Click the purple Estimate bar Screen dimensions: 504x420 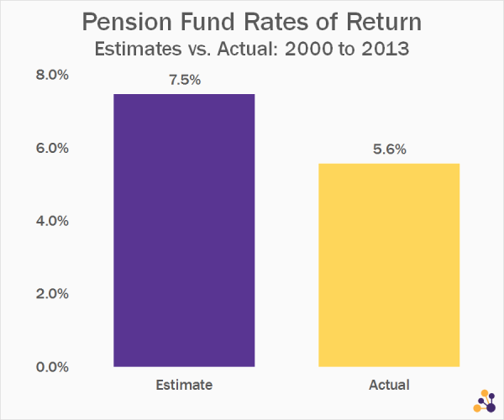tap(184, 230)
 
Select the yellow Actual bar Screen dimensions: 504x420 tap(389, 265)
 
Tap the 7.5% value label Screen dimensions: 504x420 tap(185, 80)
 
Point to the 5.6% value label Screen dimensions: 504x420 tap(390, 150)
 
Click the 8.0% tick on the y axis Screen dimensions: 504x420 tap(52, 75)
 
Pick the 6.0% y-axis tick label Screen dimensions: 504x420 tap(52, 148)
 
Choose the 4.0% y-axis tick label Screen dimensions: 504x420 tap(52, 221)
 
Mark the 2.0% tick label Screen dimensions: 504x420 tap(52, 294)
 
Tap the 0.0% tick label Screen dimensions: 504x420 tap(52, 367)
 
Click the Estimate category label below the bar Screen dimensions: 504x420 tap(184, 385)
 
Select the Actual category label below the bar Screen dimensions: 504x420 tap(389, 385)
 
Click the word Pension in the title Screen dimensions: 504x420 tap(128, 22)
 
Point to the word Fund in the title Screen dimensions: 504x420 tap(207, 22)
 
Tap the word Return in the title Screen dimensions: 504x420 tap(384, 22)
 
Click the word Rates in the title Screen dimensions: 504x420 tap(276, 22)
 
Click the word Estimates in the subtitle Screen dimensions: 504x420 tap(139, 50)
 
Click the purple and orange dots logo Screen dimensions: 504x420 tap(485, 401)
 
